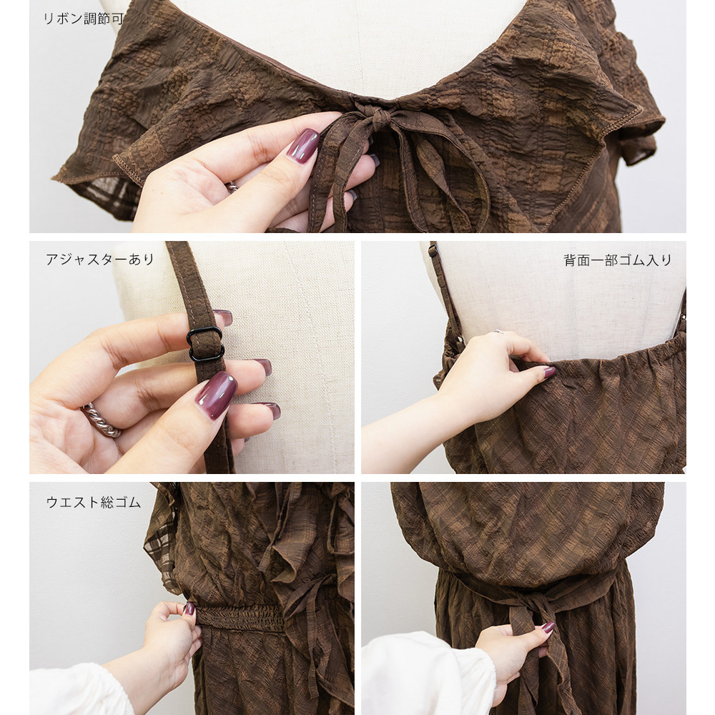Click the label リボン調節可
coord(84,19)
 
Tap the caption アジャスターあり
coord(100,260)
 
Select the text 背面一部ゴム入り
coord(618,260)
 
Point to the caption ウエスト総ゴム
coord(94,502)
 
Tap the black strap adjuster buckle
coord(205,344)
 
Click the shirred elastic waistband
coord(240,618)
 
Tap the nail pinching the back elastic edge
coord(549,372)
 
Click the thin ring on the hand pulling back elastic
coord(498,332)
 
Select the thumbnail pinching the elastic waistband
coord(189,608)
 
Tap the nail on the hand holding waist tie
coord(548,628)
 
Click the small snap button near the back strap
coord(459,339)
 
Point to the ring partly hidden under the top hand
coord(232,186)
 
